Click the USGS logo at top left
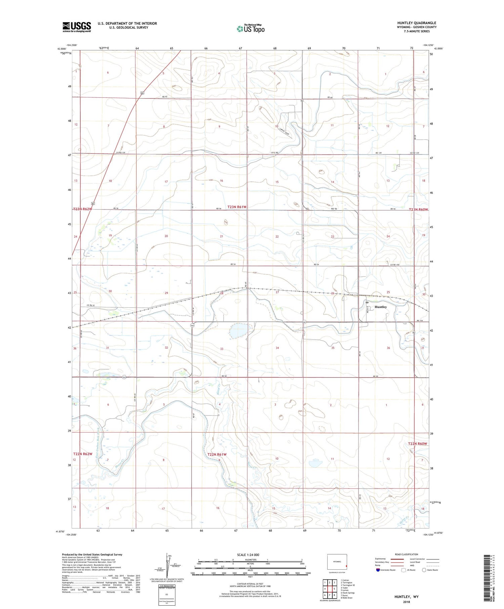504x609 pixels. click(x=77, y=27)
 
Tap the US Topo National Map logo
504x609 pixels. click(x=251, y=29)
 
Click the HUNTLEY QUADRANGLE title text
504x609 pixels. click(x=416, y=23)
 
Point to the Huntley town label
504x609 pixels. click(x=381, y=307)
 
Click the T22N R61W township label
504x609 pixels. click(x=217, y=454)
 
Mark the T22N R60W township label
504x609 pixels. click(x=418, y=444)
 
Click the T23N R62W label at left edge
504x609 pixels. click(x=83, y=209)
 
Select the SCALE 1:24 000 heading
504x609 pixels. click(x=248, y=555)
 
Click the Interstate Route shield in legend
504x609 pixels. click(x=378, y=570)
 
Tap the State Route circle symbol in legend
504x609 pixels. click(x=424, y=570)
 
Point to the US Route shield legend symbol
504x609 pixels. click(x=404, y=570)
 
